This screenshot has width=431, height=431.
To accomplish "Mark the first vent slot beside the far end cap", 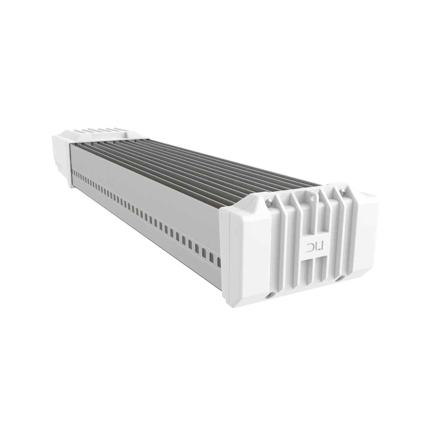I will (73, 172).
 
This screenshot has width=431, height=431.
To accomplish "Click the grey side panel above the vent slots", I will (149, 176).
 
